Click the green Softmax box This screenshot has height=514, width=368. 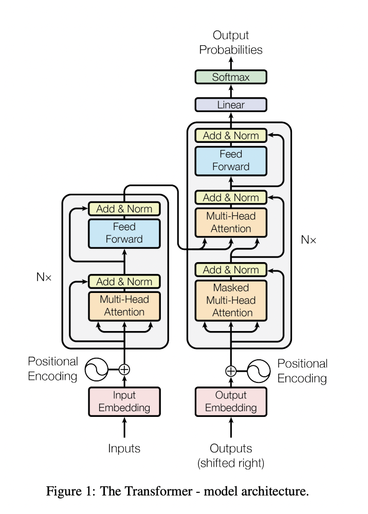tap(231, 77)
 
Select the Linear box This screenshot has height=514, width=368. tap(231, 105)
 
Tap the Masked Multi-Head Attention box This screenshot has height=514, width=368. tap(231, 300)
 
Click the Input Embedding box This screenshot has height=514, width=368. tap(124, 401)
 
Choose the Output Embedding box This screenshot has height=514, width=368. tap(231, 401)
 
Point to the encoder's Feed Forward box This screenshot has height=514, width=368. tap(124, 233)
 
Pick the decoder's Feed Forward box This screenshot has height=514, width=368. tap(231, 160)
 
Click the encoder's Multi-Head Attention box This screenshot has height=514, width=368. tap(124, 306)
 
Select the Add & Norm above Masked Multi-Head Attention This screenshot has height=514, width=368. tap(231, 270)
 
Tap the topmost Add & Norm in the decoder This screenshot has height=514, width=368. tap(231, 136)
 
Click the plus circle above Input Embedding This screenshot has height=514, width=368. tap(124, 369)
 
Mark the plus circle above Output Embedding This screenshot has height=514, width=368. tap(231, 371)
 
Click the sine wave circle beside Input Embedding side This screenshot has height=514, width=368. tap(95, 369)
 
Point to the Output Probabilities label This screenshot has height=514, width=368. tap(231, 43)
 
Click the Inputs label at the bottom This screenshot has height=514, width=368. tap(124, 448)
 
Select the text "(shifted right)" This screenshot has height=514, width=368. tap(231, 464)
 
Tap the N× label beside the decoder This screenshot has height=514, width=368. tap(309, 240)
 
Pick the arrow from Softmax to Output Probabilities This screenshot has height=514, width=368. tap(231, 63)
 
